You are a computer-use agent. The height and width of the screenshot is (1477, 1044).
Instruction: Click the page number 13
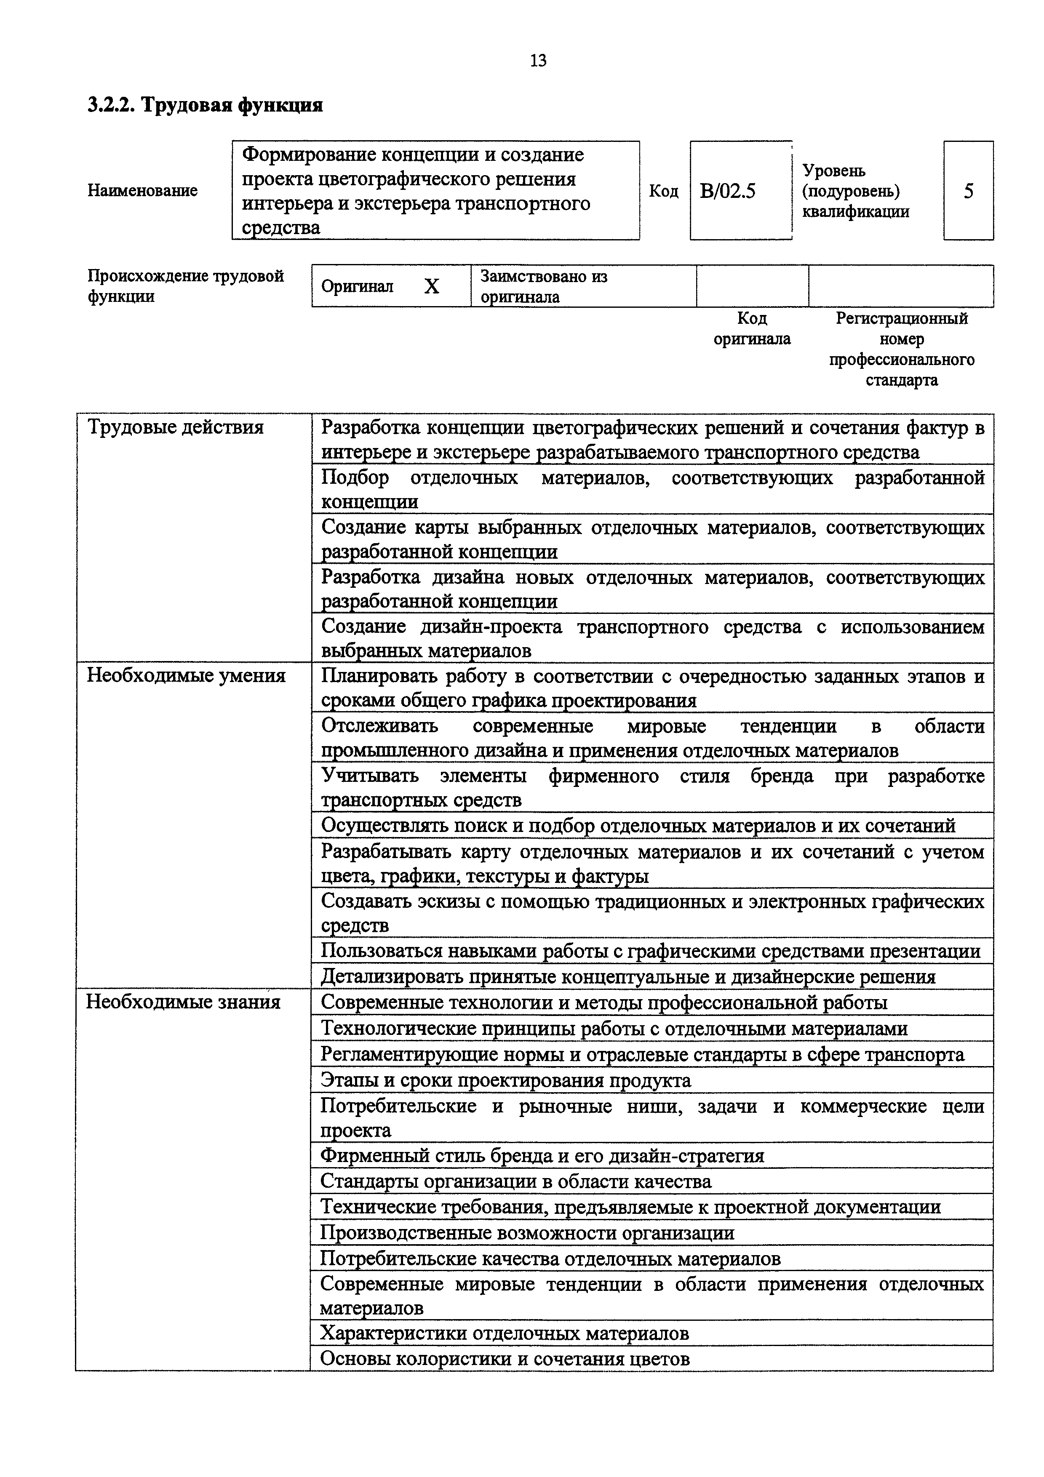tap(538, 61)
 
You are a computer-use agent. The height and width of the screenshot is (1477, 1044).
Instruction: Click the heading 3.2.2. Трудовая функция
tap(205, 104)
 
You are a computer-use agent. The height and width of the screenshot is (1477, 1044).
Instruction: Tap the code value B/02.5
tap(728, 191)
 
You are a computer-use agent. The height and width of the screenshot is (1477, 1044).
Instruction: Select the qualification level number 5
tap(968, 191)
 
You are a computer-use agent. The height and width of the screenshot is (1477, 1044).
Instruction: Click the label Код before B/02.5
tap(664, 191)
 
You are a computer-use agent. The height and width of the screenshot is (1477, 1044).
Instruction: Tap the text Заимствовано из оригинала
tap(544, 286)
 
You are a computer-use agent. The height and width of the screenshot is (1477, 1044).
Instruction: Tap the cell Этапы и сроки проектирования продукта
tap(506, 1080)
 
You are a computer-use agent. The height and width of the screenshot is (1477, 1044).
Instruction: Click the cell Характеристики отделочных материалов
tap(504, 1333)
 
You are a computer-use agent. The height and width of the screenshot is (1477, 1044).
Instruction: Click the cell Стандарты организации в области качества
tap(516, 1182)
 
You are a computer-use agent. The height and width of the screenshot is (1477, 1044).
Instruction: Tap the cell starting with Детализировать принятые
tap(628, 976)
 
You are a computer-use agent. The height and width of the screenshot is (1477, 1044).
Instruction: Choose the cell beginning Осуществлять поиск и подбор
tap(638, 825)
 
